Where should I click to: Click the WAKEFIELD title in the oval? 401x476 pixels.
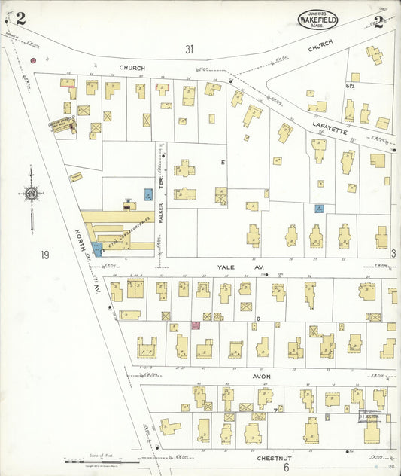317,20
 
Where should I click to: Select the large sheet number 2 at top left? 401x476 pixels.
21,19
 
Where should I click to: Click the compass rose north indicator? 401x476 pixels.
31,194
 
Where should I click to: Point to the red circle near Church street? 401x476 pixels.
32,59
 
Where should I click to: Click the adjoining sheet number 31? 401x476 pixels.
189,50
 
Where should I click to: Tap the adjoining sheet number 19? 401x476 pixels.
45,255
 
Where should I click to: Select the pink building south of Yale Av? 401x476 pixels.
196,325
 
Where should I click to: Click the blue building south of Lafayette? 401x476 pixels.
319,209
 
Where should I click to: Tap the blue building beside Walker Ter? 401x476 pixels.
148,194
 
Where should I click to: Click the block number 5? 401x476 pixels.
223,162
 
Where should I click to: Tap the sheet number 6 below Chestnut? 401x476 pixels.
286,468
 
